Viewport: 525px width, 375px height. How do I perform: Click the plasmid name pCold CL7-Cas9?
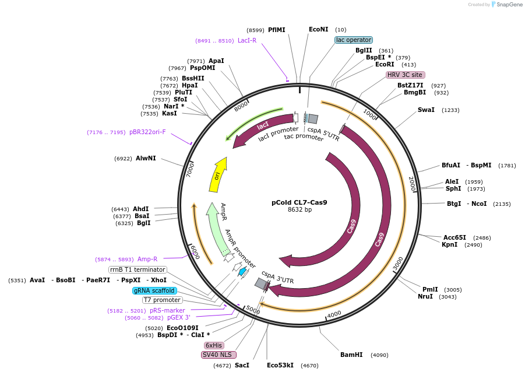pos(300,202)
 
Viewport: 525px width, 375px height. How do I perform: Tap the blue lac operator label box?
pos(353,40)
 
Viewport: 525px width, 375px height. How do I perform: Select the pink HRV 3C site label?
pos(405,75)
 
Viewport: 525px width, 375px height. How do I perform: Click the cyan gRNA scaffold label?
pos(154,290)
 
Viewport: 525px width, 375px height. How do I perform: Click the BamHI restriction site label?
pos(351,355)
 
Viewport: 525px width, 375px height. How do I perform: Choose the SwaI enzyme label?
pos(426,110)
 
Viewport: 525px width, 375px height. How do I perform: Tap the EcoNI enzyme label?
pos(319,29)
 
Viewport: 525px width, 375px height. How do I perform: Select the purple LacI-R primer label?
pos(247,40)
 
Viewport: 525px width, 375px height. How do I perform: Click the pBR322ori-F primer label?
pos(147,132)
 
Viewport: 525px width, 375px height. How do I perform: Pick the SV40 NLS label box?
pos(217,355)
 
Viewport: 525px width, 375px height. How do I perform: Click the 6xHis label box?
pos(214,345)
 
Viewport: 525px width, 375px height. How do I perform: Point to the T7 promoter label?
pos(162,300)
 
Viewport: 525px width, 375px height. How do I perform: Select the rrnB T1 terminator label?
pos(138,269)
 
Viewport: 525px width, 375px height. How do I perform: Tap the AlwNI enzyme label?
pos(146,158)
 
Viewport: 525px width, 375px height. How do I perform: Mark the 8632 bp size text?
pos(300,210)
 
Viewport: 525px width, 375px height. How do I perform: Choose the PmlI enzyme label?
pos(430,289)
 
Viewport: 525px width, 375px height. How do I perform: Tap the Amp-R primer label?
pos(147,259)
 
